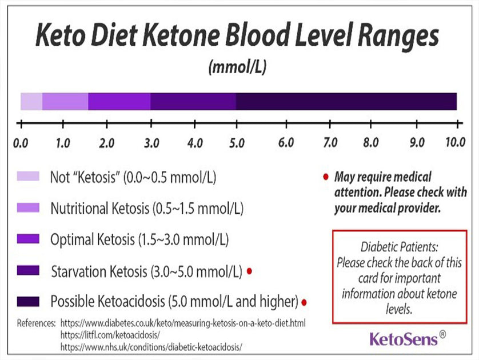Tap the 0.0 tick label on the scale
point(21,142)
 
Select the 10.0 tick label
point(455,142)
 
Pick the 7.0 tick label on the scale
point(330,142)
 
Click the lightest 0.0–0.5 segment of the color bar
point(31,101)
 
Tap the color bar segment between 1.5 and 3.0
point(119,101)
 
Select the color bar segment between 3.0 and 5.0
point(193,101)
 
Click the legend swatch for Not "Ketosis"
point(28,177)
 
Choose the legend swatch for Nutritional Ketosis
point(28,207)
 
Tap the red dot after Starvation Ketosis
point(249,270)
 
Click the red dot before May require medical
point(325,178)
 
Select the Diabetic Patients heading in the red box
point(400,248)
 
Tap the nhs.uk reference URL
point(151,346)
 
